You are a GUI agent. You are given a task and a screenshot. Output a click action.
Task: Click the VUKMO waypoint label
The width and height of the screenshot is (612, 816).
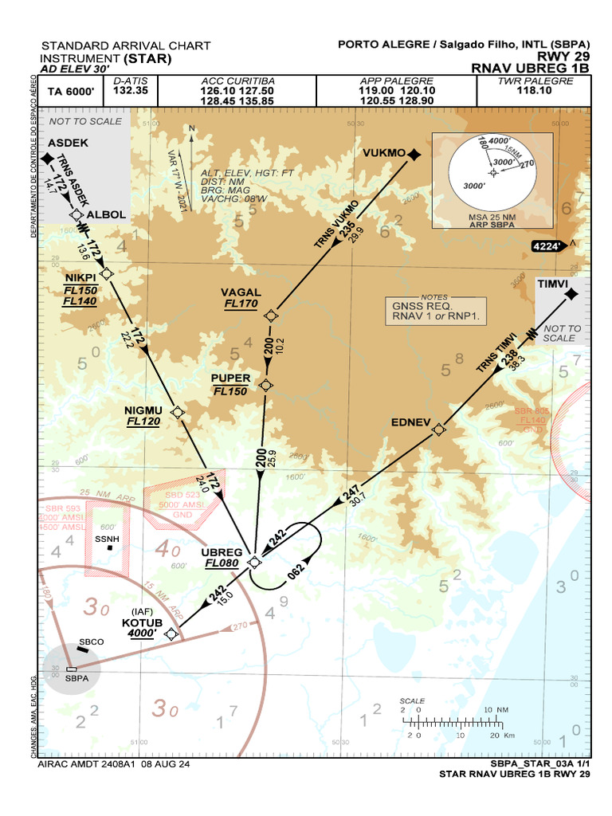383,153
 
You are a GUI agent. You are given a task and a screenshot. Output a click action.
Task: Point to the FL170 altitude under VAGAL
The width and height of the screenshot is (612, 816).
241,304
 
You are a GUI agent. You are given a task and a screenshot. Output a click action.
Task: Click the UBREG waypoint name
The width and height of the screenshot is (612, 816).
222,551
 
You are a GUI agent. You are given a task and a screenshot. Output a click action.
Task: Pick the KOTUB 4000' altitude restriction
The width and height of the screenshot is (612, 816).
143,633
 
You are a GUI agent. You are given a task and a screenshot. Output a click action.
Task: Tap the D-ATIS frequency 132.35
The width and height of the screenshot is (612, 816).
131,91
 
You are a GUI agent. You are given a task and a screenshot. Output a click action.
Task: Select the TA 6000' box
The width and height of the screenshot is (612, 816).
71,92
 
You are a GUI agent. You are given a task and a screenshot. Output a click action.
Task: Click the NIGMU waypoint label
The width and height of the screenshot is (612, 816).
143,410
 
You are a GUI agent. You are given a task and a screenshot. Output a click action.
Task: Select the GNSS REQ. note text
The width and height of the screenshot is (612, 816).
422,305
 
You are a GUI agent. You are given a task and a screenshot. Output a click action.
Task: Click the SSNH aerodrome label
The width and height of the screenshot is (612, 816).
107,539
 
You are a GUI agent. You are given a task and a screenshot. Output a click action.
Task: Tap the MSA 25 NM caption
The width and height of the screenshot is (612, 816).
492,217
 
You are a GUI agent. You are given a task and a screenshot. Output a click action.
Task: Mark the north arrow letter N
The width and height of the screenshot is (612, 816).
191,127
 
